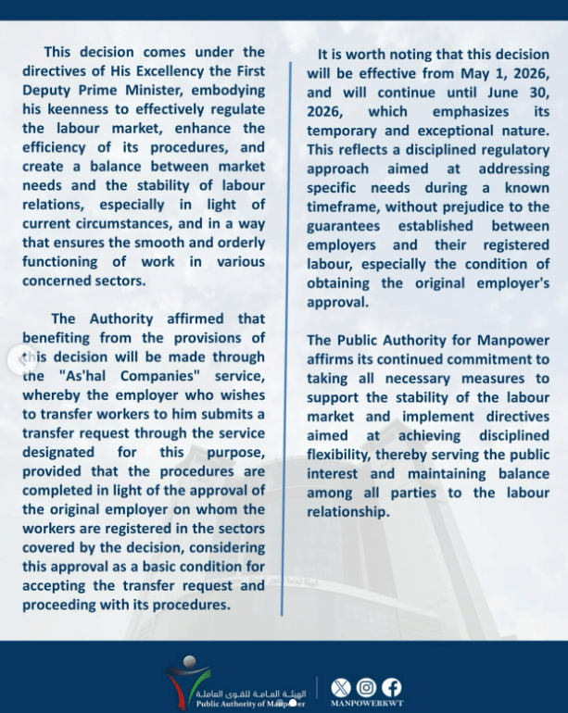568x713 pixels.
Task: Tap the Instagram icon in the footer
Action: point(368,687)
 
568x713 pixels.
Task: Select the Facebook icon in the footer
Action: point(392,687)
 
